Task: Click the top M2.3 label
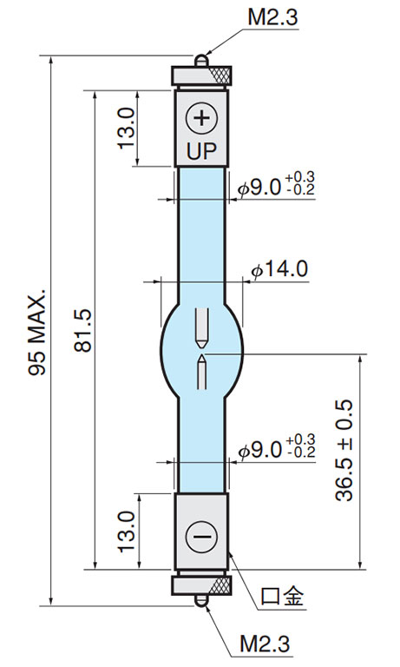pos(272,17)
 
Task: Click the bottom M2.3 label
pos(265,644)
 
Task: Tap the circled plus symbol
pos(201,118)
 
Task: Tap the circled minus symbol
pos(201,536)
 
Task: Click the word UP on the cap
pos(201,150)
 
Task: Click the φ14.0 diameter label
pos(279,270)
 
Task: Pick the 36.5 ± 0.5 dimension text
pos(344,450)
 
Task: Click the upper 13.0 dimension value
pos(127,128)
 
